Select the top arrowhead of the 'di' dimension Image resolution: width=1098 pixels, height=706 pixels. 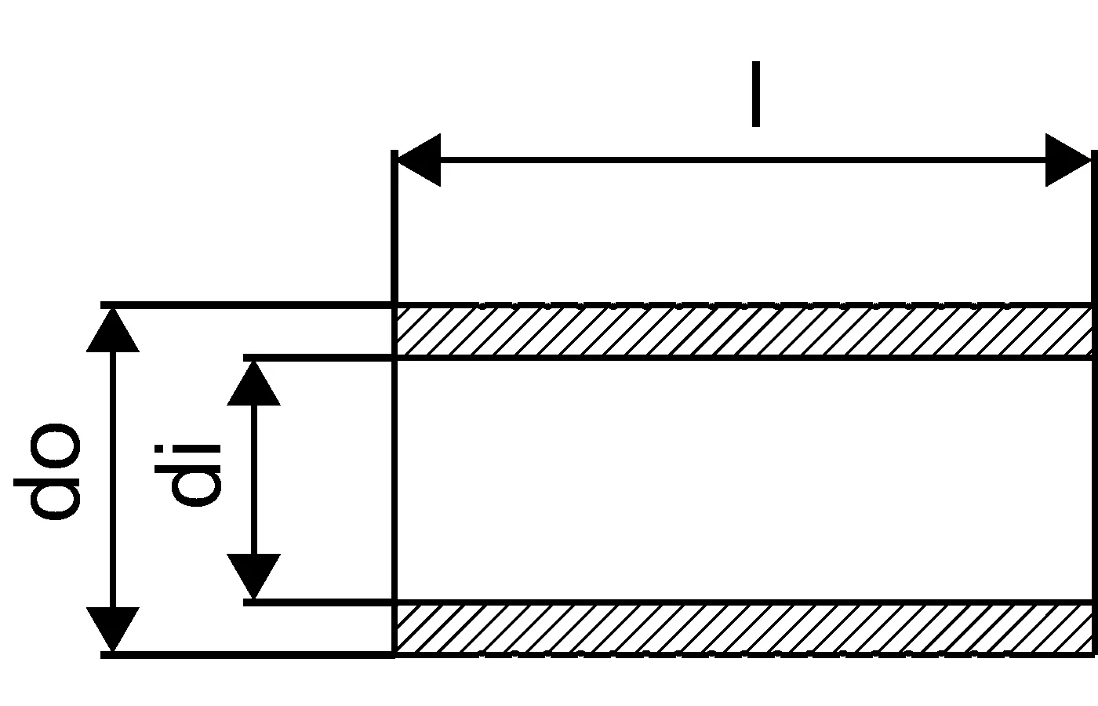[253, 383]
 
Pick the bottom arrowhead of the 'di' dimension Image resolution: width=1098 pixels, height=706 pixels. [253, 577]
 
